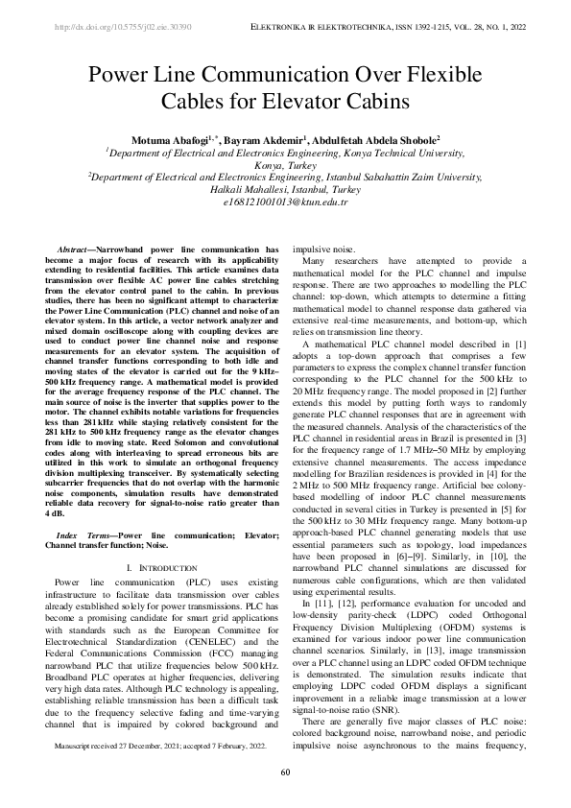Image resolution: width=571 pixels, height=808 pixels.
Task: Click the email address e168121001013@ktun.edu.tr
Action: point(285,202)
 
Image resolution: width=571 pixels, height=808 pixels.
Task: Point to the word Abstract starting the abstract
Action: point(74,250)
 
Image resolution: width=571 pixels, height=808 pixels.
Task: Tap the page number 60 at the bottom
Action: point(285,772)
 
